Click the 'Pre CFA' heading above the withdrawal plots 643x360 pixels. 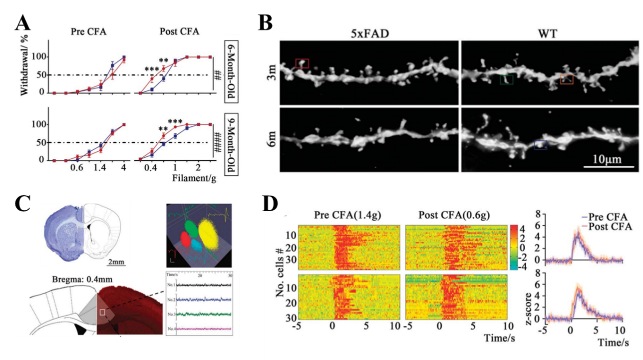pyautogui.click(x=88, y=31)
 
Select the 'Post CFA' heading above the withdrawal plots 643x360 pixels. pyautogui.click(x=179, y=31)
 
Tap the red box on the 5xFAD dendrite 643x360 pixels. pyautogui.click(x=302, y=63)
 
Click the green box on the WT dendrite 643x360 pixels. pyautogui.click(x=506, y=79)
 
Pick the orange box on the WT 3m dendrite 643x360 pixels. pyautogui.click(x=567, y=79)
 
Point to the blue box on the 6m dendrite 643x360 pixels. pyautogui.click(x=541, y=145)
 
